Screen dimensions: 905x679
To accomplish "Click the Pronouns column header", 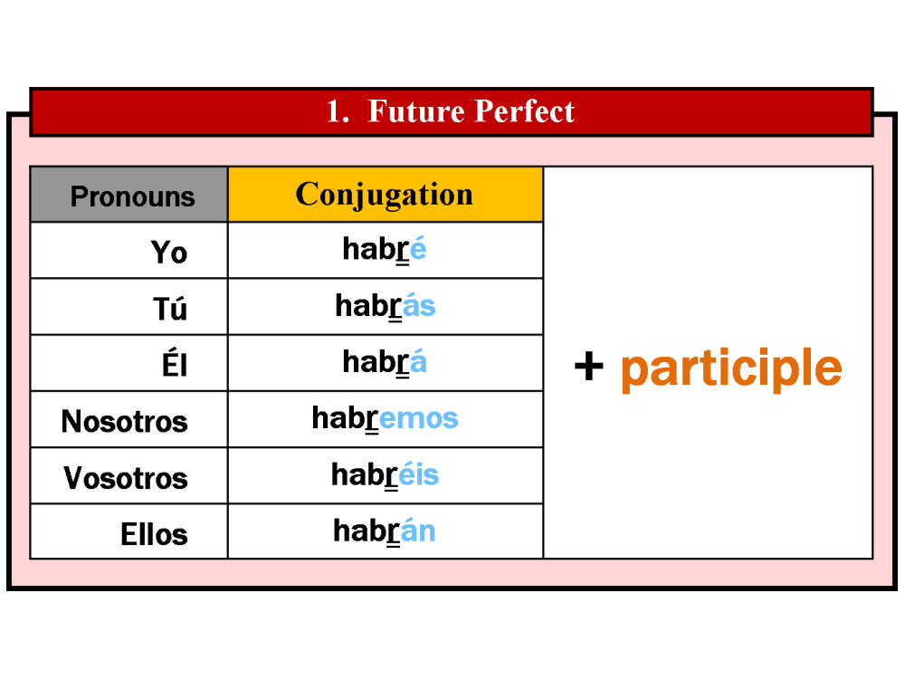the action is point(132,196).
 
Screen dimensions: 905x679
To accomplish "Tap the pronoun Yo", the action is point(169,253).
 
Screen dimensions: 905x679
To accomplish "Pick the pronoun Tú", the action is point(170,308).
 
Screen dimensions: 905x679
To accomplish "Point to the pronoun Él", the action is point(175,364).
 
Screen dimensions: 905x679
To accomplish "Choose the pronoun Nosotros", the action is point(125,421).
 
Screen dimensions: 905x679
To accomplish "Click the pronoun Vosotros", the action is point(126,477).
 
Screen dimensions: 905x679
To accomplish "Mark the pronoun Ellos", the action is point(154,534).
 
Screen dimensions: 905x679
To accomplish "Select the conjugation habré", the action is point(385,250).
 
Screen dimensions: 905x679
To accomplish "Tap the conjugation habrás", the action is point(386,306).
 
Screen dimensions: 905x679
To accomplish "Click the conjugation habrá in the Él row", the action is point(385,362).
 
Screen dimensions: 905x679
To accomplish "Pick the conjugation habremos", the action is point(385,418).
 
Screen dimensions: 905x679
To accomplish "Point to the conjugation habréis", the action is point(385,475).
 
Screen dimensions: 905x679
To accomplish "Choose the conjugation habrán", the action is point(385,531).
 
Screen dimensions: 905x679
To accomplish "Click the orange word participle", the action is point(731,370).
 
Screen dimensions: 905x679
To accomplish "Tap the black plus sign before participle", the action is point(589,367).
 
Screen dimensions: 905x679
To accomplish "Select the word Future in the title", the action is point(415,110).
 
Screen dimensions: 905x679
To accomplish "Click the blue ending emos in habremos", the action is point(419,418).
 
